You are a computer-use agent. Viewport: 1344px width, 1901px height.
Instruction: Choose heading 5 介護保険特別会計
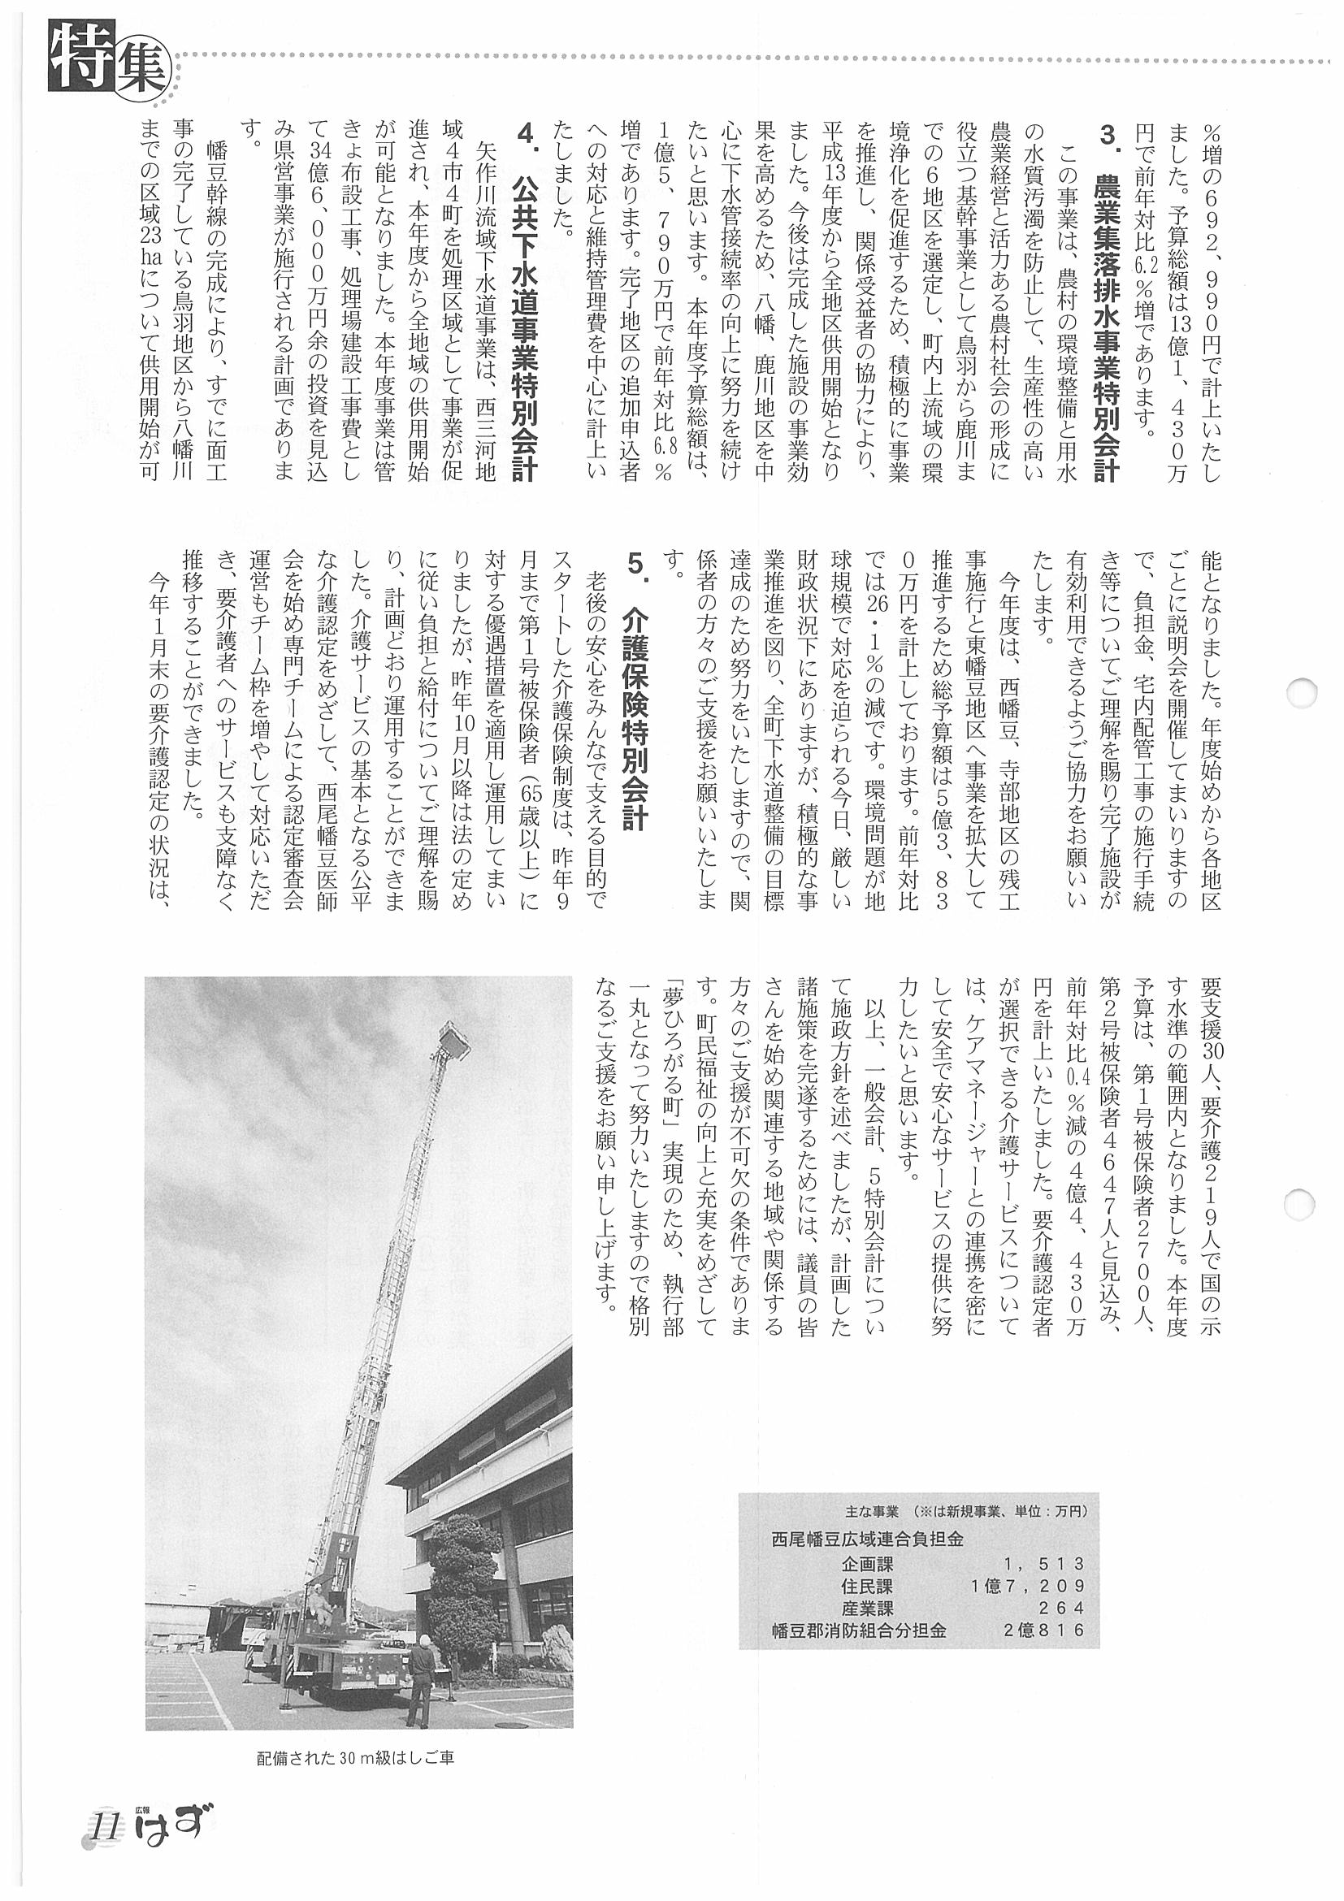tap(636, 692)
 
